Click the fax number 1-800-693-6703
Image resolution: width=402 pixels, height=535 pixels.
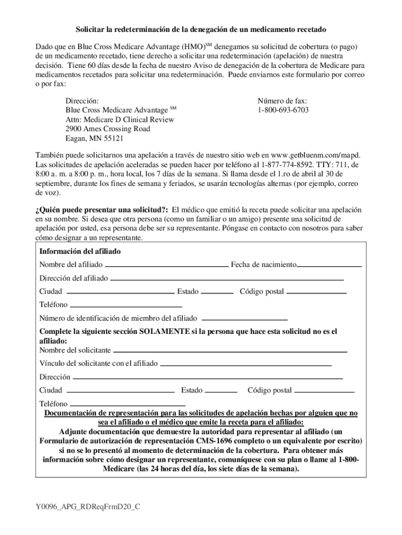(x=282, y=110)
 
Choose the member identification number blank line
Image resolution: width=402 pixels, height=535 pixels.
(x=244, y=319)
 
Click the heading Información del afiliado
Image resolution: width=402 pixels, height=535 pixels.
(x=80, y=251)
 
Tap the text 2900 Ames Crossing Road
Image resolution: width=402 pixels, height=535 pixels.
(x=108, y=129)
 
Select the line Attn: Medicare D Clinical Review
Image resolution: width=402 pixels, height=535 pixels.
(x=120, y=120)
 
